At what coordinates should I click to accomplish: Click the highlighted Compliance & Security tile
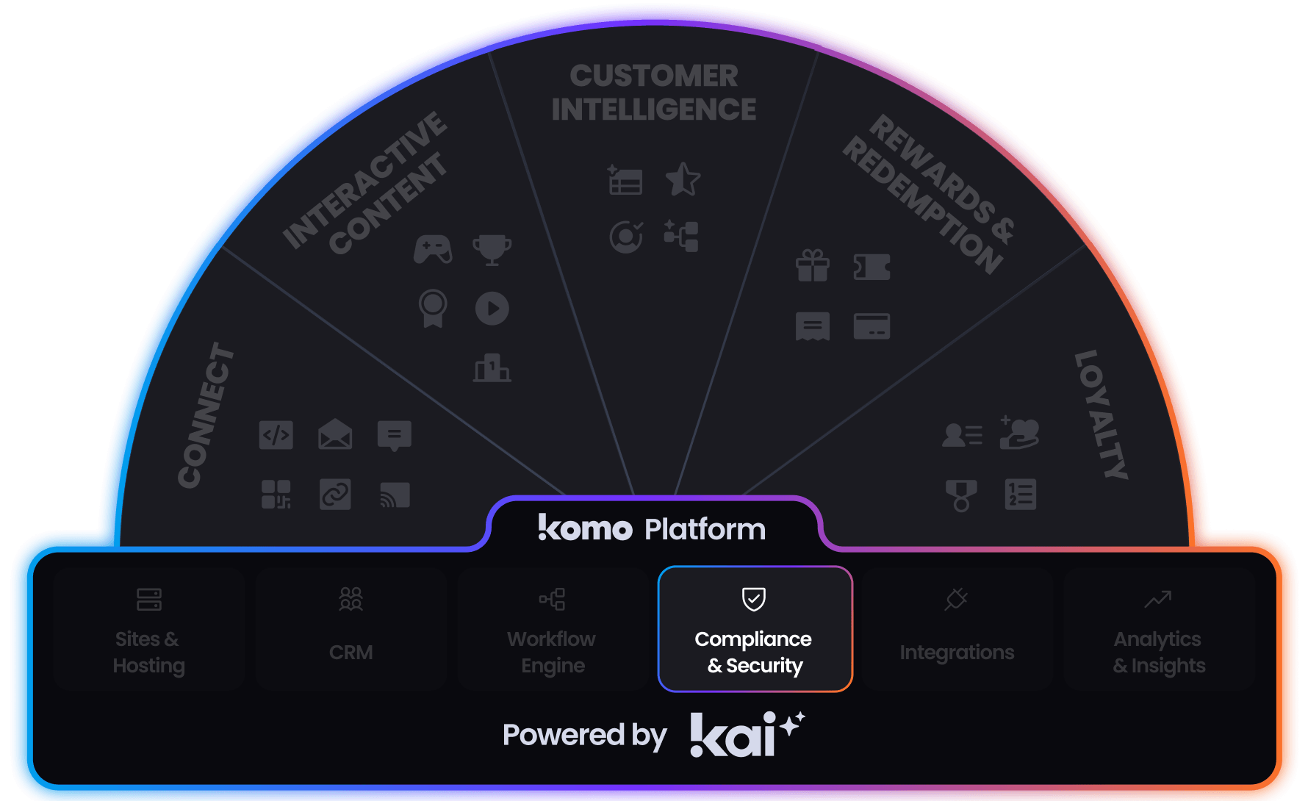[x=755, y=629]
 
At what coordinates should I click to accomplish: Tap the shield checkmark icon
[x=753, y=599]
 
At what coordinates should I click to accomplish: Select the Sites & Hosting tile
[x=148, y=629]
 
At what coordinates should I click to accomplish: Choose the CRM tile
[x=351, y=629]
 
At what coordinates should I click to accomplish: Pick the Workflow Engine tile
[x=553, y=629]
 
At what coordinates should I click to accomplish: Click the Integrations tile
[x=957, y=629]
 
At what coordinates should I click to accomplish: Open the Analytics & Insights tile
[x=1159, y=629]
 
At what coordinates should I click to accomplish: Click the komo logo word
[x=585, y=528]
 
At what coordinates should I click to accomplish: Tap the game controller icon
[x=433, y=249]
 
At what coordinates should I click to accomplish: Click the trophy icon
[x=492, y=249]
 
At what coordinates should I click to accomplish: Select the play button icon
[x=492, y=309]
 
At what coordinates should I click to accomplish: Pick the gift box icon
[x=812, y=266]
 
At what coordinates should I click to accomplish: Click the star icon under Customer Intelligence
[x=683, y=179]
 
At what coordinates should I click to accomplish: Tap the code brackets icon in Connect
[x=276, y=435]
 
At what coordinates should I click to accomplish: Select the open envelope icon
[x=335, y=435]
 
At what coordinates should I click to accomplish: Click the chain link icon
[x=335, y=495]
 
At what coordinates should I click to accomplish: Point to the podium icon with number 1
[x=492, y=367]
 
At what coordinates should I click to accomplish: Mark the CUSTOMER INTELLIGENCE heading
[x=653, y=93]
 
